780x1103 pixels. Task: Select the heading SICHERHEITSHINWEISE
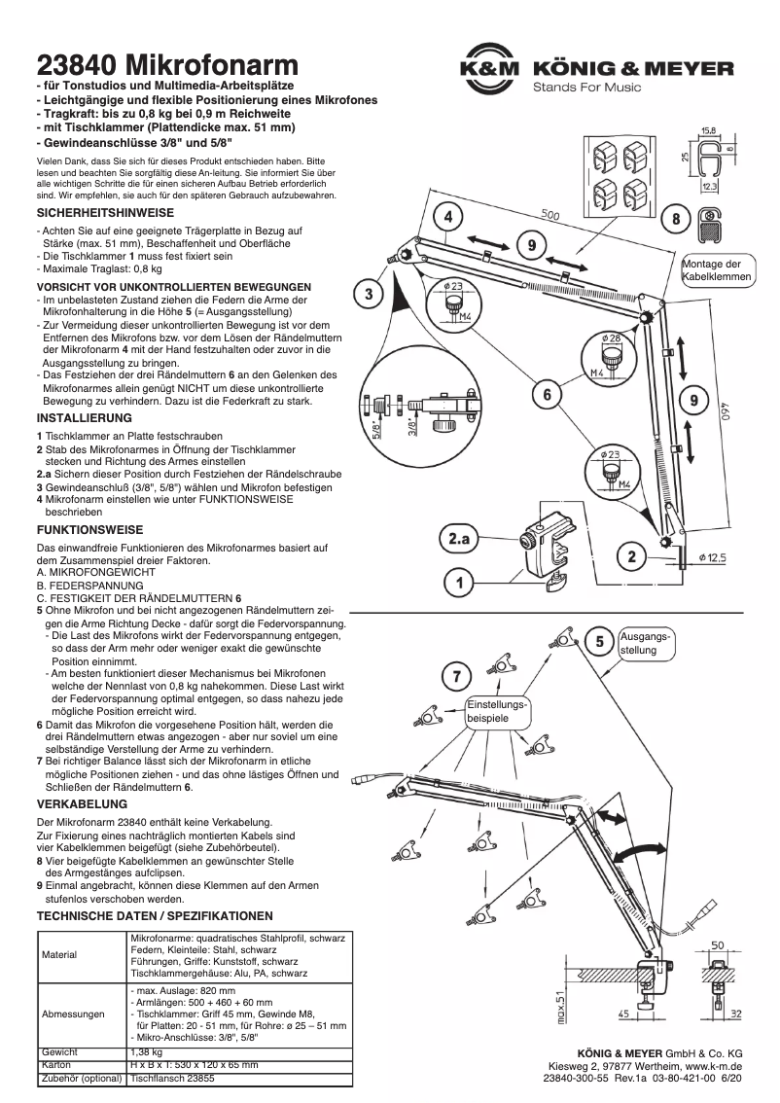tap(105, 211)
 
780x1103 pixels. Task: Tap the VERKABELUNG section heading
tap(82, 804)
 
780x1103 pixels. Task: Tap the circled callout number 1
tap(457, 584)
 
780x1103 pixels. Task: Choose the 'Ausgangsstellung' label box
tap(644, 642)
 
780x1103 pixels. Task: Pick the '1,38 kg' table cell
tap(146, 1052)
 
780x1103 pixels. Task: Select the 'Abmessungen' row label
tap(72, 1014)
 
